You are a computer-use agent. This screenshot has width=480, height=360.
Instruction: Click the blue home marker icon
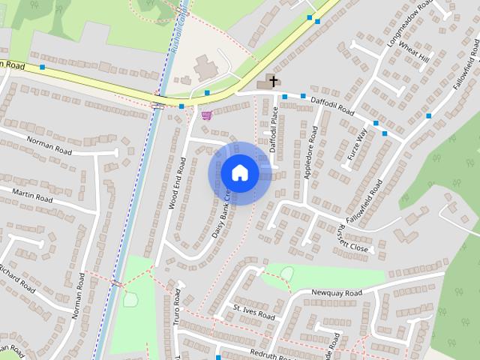click(239, 172)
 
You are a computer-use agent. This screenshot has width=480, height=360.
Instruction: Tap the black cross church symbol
click(274, 80)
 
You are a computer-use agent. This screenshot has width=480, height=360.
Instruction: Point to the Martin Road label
click(32, 196)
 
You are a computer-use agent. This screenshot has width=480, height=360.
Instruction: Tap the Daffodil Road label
click(334, 105)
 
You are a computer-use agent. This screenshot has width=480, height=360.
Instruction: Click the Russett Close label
click(353, 238)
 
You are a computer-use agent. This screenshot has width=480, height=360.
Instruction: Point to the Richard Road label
click(16, 278)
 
